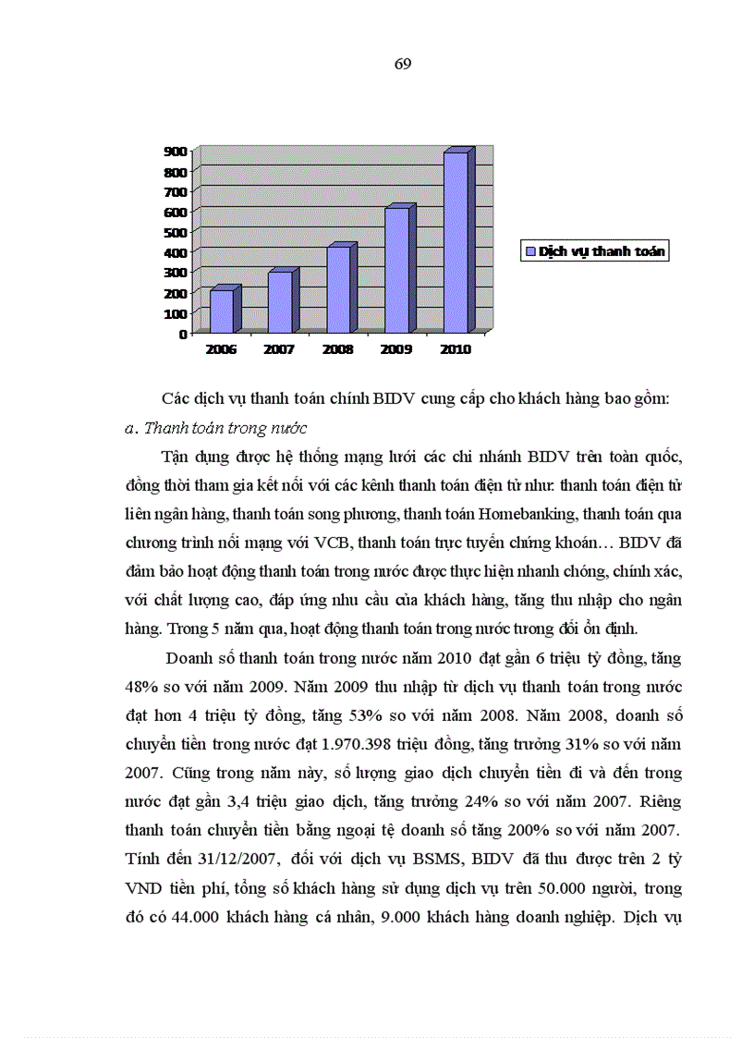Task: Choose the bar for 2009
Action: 396,269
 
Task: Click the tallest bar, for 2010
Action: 456,241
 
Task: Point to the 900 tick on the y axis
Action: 176,151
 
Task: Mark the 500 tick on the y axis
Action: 176,232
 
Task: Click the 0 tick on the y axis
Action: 184,333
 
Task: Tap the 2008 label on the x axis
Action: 337,349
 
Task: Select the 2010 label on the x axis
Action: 456,349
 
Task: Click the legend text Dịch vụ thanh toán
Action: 602,251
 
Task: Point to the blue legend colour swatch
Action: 531,251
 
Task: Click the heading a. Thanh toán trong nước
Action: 214,428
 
